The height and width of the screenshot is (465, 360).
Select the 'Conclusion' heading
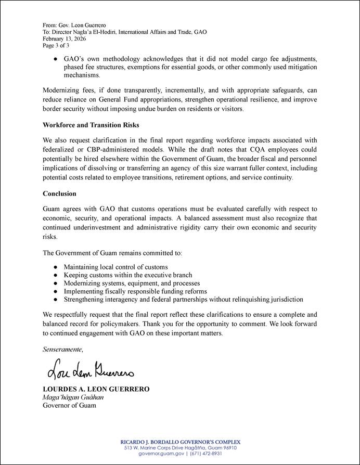60,193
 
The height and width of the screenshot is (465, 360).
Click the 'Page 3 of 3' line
56,45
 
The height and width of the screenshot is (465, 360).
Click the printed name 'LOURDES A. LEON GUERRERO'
96,389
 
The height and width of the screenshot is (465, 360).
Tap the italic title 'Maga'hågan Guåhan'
73,397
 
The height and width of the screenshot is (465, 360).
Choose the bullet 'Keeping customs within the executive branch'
128,275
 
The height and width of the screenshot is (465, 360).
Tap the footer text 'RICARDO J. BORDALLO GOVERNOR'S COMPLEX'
180,442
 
